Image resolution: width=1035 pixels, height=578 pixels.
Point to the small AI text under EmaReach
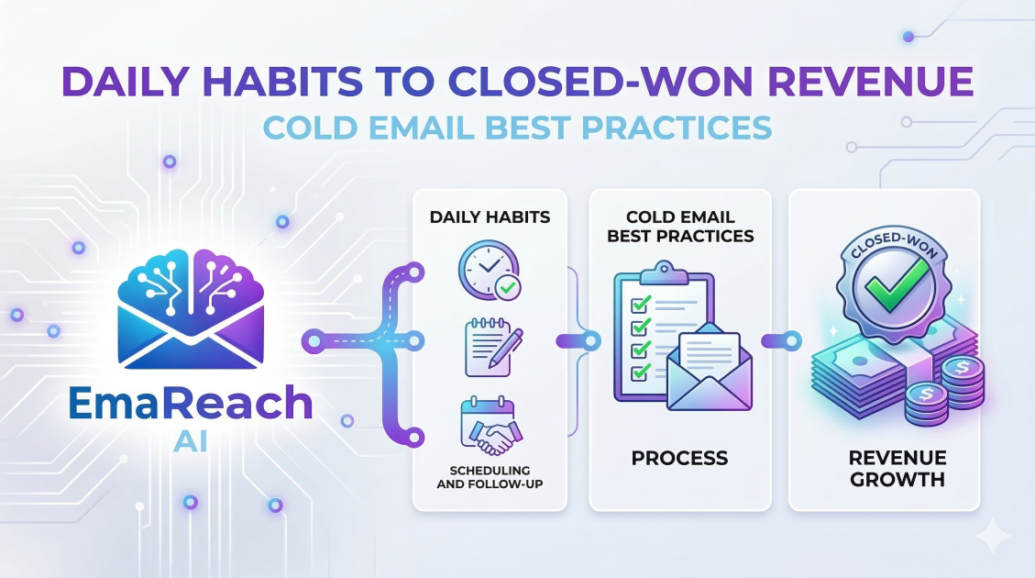[190, 442]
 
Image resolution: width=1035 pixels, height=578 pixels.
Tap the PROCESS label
[678, 457]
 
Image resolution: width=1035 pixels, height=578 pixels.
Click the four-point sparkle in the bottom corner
[991, 535]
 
